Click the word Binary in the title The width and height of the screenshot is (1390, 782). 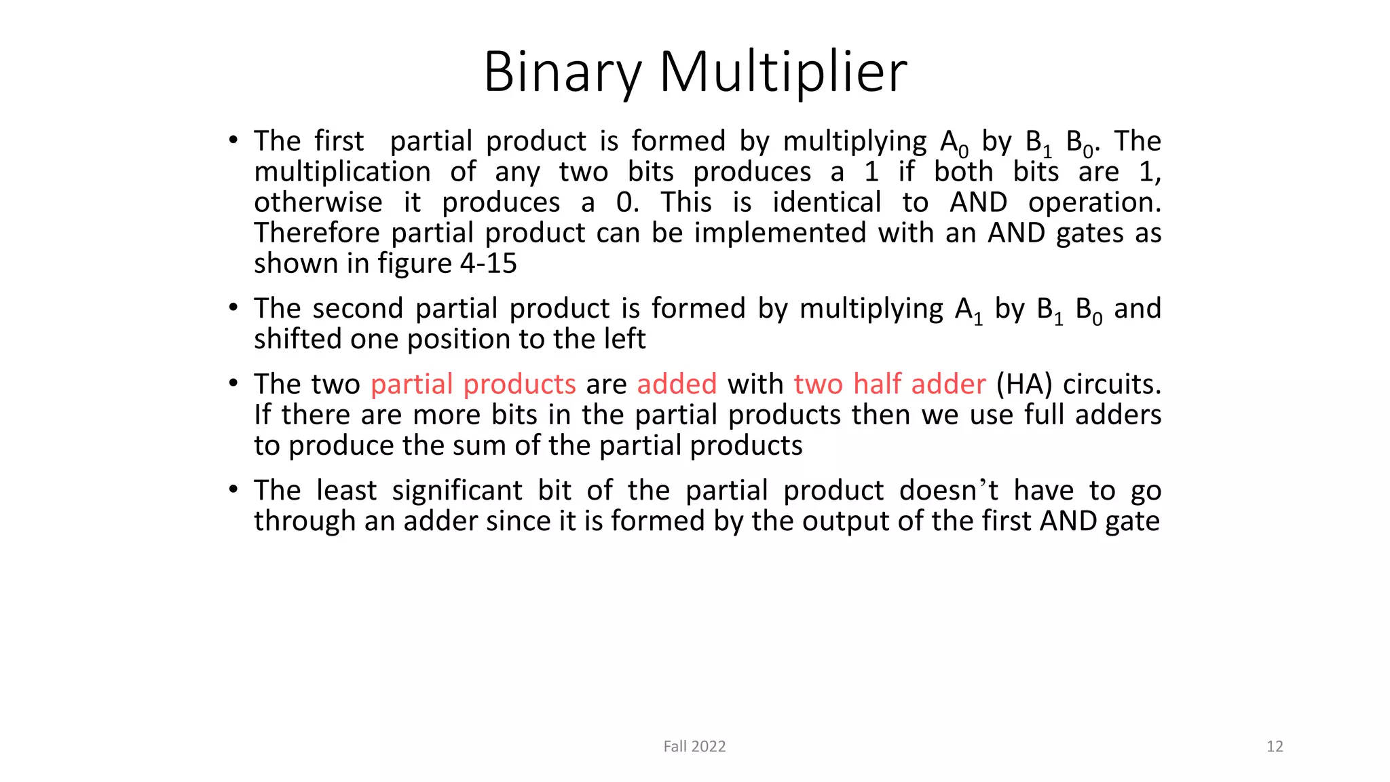(x=562, y=72)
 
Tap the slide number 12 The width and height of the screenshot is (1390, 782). (x=1275, y=746)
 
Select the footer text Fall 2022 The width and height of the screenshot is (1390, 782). (x=694, y=746)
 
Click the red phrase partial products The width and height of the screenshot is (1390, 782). (x=473, y=384)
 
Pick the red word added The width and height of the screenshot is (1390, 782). (x=677, y=384)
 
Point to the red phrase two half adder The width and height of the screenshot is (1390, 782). (x=889, y=384)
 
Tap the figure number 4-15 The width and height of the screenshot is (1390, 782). (x=488, y=263)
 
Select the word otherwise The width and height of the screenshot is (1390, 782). (x=318, y=202)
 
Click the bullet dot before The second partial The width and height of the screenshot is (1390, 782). (x=233, y=308)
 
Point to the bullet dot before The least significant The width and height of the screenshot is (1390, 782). (x=233, y=489)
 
